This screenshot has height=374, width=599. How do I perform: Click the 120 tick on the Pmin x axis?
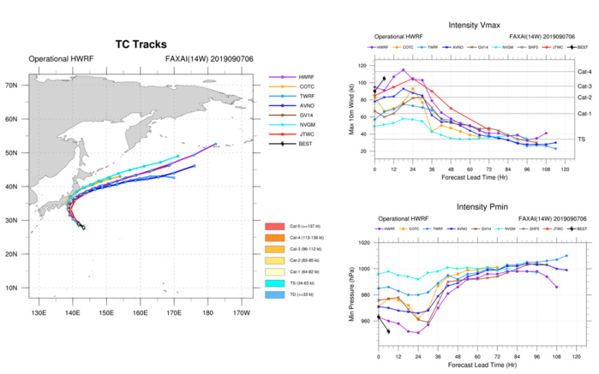[x=569, y=356]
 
